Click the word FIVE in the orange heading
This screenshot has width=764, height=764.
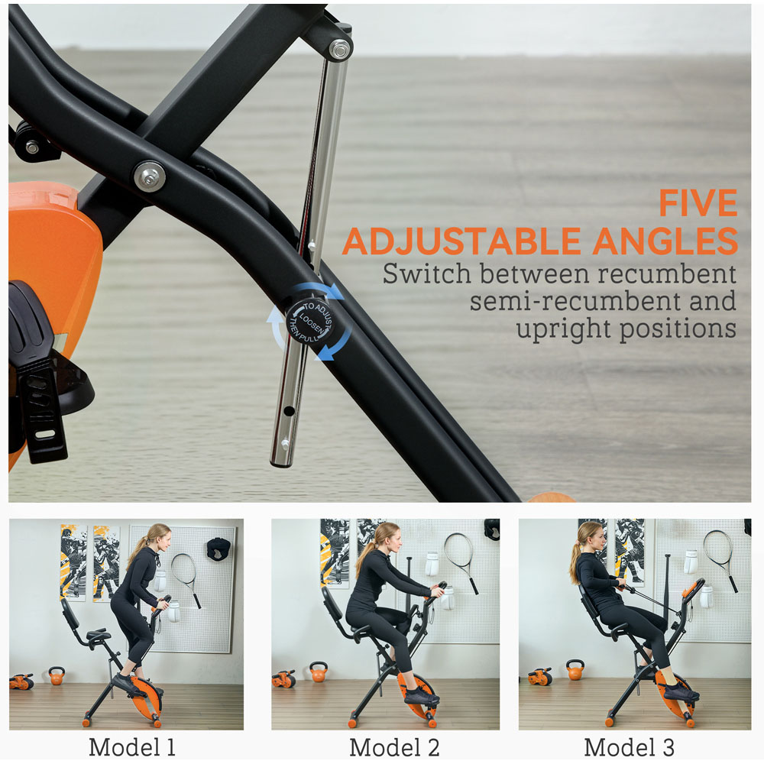click(698, 202)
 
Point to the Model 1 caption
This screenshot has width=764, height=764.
click(131, 747)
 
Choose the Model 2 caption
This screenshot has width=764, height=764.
click(394, 747)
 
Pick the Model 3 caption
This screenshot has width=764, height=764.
click(629, 747)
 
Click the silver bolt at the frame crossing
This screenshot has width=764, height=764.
click(149, 176)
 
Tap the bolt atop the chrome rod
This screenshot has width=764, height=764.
click(340, 49)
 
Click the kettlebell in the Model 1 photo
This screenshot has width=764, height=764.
click(57, 675)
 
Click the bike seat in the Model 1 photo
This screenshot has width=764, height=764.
click(99, 636)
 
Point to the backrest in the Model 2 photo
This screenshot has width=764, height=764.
click(332, 607)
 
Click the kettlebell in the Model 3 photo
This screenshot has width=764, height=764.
click(575, 670)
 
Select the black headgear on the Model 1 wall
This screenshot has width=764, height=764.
click(219, 549)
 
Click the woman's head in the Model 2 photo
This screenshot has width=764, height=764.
click(388, 538)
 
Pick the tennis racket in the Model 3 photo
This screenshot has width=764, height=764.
click(722, 559)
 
